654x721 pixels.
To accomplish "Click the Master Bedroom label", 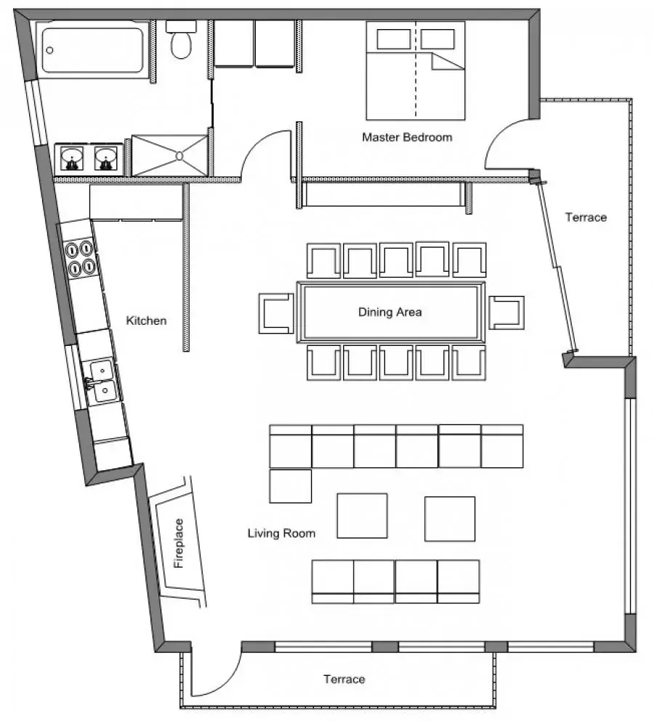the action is [407, 137].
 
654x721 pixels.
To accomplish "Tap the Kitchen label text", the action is [146, 321].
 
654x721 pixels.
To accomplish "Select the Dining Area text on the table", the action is [389, 313].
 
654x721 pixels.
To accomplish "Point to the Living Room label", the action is [281, 533].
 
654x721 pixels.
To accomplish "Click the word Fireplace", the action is [178, 543].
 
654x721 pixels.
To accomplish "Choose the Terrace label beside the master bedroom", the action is [586, 217].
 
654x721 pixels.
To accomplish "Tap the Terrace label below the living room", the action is [344, 679].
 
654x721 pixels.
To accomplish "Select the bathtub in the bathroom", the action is [93, 50].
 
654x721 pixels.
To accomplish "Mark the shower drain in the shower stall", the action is [179, 156].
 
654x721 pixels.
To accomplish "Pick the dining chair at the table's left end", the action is [276, 313].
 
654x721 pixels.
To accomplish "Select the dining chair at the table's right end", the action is [506, 313].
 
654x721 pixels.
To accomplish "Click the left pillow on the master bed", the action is [394, 39].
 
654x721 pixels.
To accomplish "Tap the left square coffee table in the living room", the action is [362, 516].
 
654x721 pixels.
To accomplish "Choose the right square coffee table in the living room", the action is [450, 519].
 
